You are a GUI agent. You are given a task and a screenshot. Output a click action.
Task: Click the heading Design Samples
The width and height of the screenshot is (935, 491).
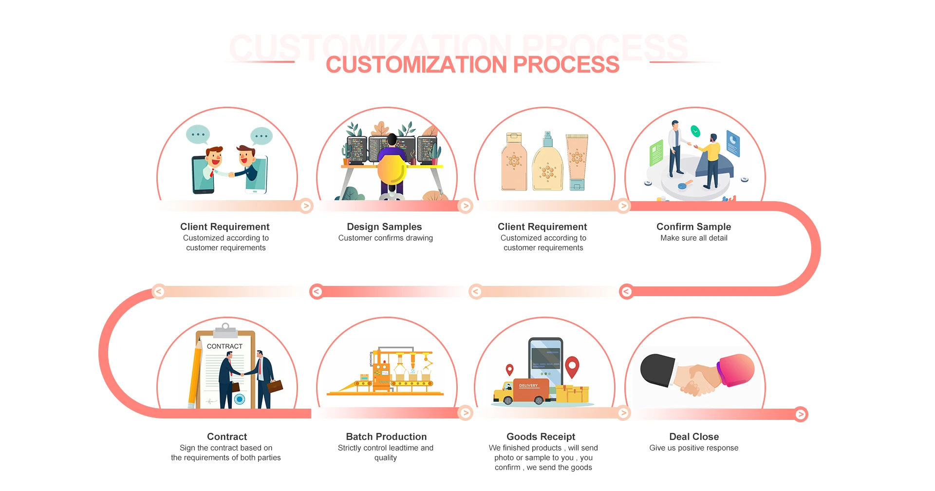coord(384,227)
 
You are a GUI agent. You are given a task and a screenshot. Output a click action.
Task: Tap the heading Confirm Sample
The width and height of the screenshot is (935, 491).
coord(693,227)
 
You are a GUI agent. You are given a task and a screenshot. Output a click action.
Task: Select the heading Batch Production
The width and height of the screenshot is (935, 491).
coord(386,436)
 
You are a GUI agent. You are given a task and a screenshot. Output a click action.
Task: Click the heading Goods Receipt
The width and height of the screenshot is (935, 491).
coord(541,436)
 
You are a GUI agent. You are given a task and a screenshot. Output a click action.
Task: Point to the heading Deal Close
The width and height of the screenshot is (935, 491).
coord(694,436)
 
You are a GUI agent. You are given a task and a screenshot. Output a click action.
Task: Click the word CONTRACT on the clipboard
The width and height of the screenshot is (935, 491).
coord(224,346)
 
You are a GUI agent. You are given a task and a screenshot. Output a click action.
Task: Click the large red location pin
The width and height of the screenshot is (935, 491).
coord(572,366)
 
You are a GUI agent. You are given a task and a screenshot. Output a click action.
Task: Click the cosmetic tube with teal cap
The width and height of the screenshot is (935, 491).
coord(577,163)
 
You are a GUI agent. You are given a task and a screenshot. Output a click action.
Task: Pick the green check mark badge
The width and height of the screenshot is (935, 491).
coord(695,131)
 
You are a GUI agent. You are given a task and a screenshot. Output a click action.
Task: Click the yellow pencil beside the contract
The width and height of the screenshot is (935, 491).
coord(195,375)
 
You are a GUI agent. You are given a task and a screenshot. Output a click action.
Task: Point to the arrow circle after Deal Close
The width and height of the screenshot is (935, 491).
coord(801,414)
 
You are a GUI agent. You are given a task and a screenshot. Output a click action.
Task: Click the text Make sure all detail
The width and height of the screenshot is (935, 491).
coord(693,238)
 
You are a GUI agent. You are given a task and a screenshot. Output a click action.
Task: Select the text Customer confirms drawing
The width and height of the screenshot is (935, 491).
coord(385,238)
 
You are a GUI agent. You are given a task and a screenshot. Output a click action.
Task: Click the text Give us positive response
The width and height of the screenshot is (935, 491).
coord(693,448)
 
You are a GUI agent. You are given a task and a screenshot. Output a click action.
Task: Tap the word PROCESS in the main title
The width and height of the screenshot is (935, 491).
coord(566,65)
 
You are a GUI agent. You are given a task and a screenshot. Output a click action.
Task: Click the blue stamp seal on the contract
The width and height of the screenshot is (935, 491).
coord(240,399)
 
